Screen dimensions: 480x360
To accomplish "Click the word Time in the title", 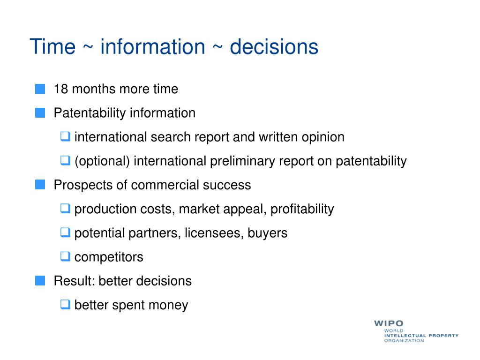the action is click(52, 47).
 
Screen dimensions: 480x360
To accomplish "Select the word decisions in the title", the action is click(274, 47).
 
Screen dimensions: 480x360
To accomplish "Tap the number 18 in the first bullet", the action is click(60, 89).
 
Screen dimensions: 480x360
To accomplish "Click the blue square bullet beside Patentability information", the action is click(40, 112).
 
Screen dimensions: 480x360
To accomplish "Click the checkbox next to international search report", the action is click(65, 136).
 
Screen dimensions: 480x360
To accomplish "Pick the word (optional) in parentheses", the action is click(102, 161).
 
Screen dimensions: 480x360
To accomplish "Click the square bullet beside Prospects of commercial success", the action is click(40, 185).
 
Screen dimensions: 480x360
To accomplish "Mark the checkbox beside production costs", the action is click(65, 208).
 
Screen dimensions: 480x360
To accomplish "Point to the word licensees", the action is click(214, 233).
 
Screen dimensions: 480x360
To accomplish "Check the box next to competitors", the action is click(65, 256).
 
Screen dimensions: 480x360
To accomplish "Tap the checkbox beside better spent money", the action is click(65, 304).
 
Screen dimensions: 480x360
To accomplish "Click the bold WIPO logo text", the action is click(389, 323).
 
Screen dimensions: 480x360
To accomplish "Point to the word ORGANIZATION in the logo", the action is click(404, 341).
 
